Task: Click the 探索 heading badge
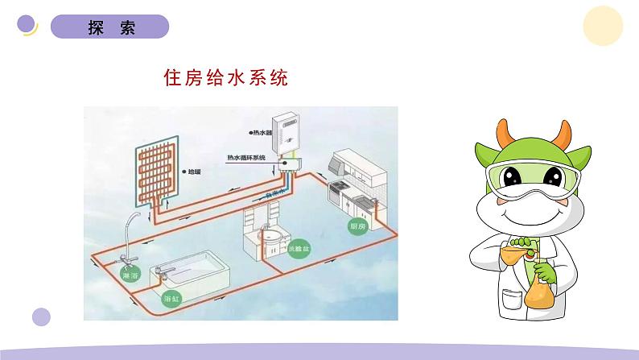point(110,27)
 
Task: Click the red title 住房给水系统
point(225,78)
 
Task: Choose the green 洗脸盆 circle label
point(299,249)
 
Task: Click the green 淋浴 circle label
point(129,275)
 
